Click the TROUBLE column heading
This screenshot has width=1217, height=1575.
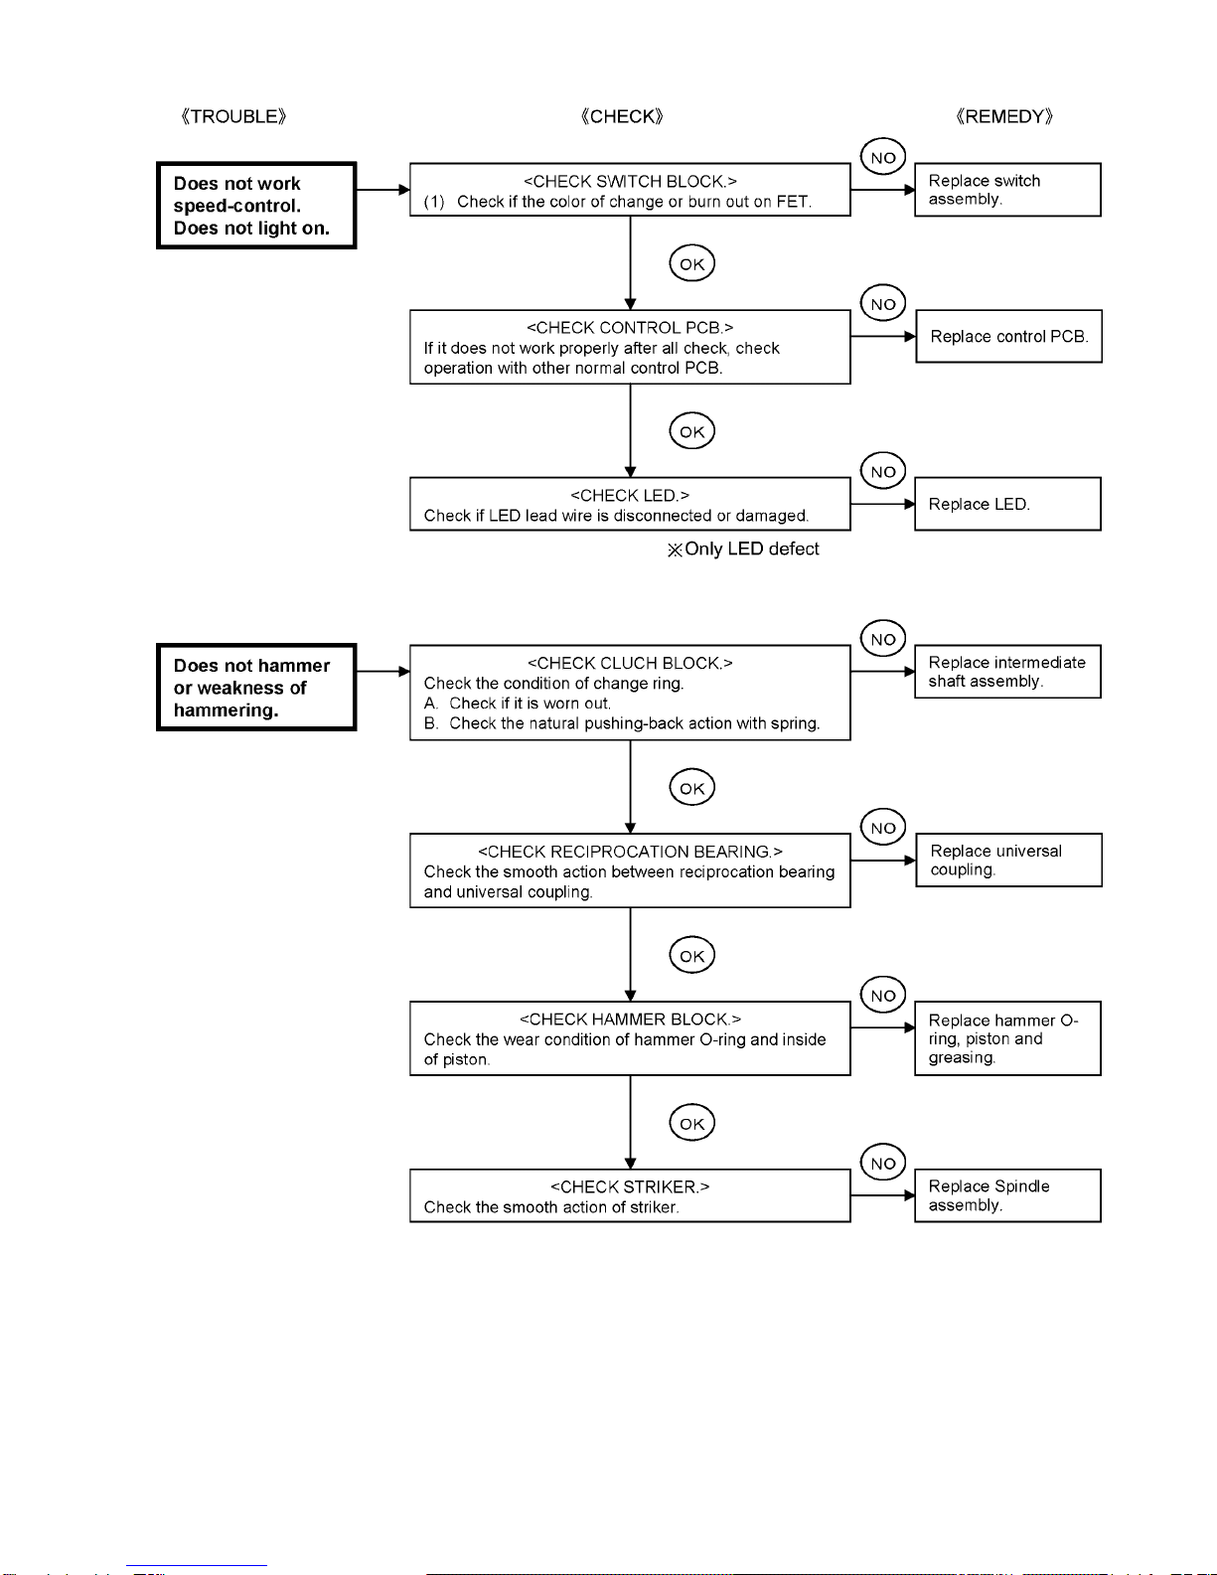pyautogui.click(x=233, y=116)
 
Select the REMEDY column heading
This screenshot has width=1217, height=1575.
pyautogui.click(x=1004, y=116)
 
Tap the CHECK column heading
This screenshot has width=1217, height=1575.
pyautogui.click(x=622, y=116)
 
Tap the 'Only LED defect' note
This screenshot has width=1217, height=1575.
pyautogui.click(x=743, y=550)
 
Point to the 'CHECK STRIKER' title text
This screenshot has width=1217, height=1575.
pyautogui.click(x=630, y=1186)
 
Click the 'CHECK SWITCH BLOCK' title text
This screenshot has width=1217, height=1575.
pyautogui.click(x=630, y=181)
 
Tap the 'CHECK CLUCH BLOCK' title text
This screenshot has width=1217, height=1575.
pyautogui.click(x=630, y=663)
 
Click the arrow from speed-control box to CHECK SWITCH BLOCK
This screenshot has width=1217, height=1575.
pyautogui.click(x=383, y=190)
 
